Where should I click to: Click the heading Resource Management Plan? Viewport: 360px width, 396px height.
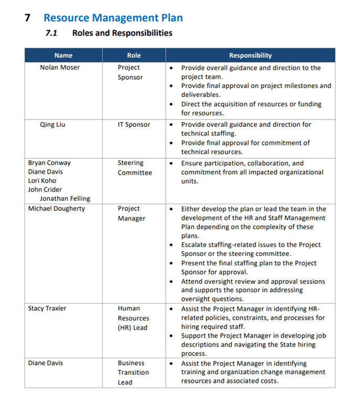[113, 17]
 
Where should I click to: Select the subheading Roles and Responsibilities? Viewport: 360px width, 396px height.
[122, 33]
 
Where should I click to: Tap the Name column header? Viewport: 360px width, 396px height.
[63, 56]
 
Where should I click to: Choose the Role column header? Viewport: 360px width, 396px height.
[134, 56]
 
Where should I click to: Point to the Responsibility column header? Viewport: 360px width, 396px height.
[250, 56]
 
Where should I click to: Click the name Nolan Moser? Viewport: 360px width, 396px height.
[60, 68]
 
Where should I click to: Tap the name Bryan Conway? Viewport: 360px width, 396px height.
[49, 163]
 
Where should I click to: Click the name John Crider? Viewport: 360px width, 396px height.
[45, 190]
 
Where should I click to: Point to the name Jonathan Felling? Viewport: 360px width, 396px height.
[65, 199]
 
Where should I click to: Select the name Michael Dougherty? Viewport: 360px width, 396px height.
[56, 209]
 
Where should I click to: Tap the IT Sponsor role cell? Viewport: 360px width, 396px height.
[134, 125]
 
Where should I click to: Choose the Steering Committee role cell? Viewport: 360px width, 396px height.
[134, 168]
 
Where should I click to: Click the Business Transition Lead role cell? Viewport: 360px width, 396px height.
[133, 372]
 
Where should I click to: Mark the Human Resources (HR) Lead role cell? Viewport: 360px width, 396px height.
[133, 318]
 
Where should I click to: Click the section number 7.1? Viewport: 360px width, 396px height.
[52, 33]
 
